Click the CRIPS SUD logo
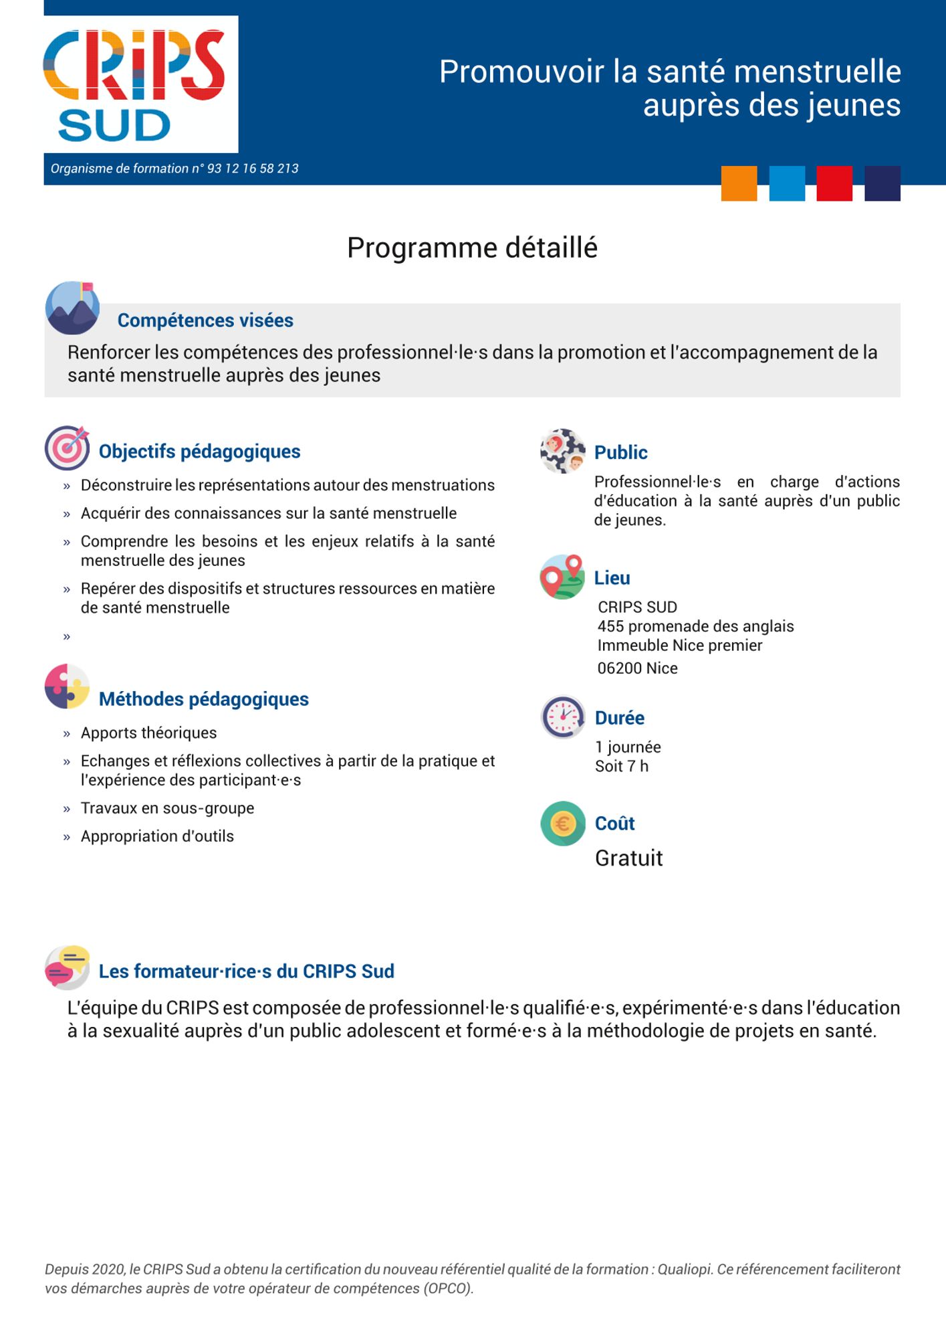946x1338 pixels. point(140,84)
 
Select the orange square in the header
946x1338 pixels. point(739,183)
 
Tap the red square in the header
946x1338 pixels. point(834,183)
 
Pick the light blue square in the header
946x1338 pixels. point(787,183)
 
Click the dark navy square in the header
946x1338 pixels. point(882,183)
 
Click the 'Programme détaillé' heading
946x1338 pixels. point(472,248)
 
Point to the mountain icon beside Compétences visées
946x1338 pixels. point(72,308)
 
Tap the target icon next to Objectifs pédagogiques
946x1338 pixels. point(67,448)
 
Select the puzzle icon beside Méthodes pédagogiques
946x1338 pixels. point(67,686)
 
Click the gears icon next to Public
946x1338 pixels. point(562,451)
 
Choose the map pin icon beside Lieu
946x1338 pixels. point(562,577)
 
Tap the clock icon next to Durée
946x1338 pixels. point(562,716)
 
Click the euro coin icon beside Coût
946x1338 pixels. point(562,823)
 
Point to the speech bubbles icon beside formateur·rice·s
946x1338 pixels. point(67,967)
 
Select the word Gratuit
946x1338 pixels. point(628,858)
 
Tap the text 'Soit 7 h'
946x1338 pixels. point(621,767)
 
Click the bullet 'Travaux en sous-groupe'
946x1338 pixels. point(167,808)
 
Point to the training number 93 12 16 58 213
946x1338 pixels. point(253,169)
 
